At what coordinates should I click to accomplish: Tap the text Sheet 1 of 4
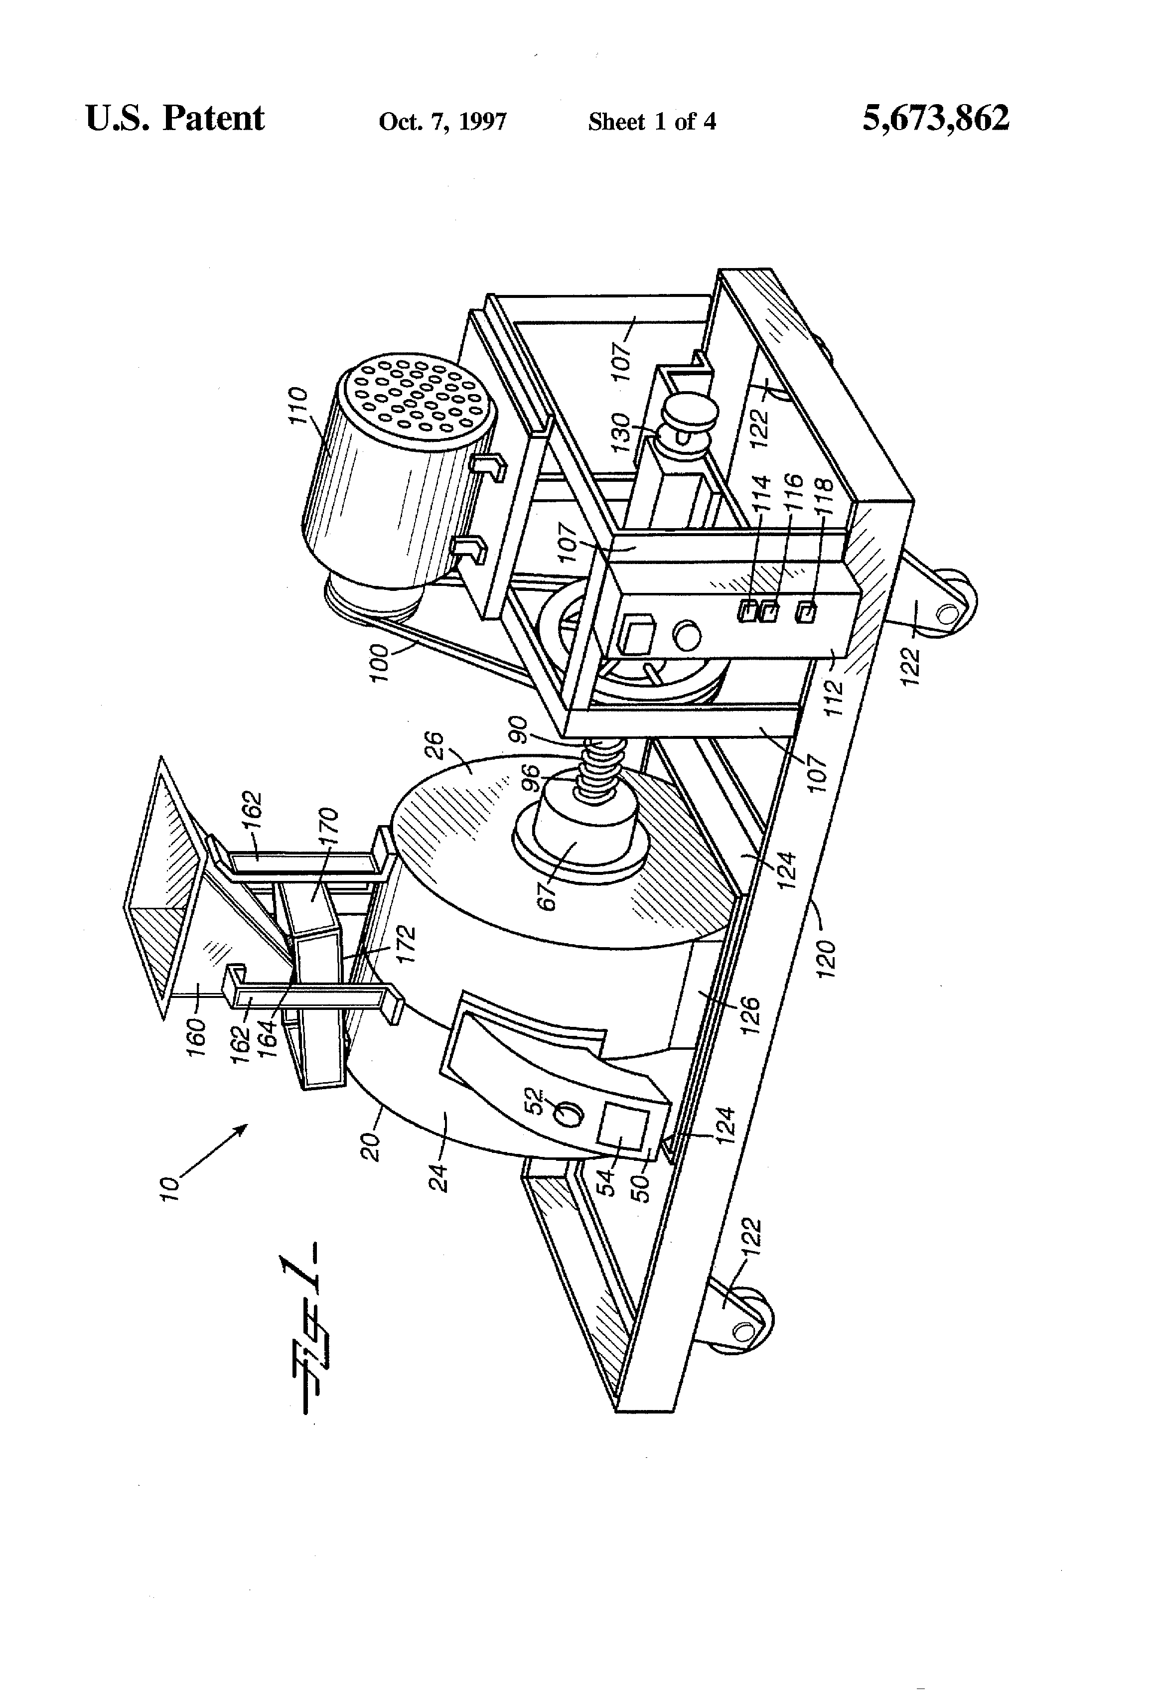tap(651, 121)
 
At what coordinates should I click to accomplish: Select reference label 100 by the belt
tap(381, 662)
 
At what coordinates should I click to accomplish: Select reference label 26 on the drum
tap(434, 748)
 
